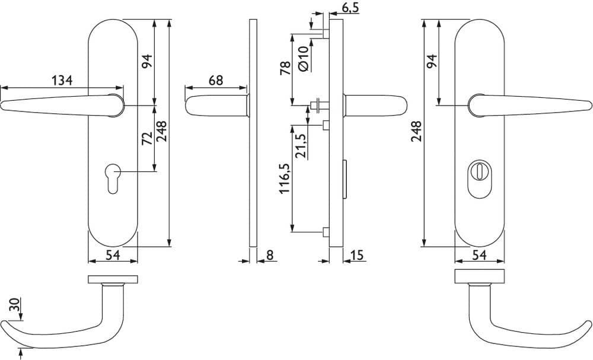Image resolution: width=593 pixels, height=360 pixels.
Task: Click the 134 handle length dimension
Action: coord(62,80)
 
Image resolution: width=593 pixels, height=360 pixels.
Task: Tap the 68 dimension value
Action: coord(216,80)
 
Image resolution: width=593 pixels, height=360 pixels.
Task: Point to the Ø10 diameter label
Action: coord(304,59)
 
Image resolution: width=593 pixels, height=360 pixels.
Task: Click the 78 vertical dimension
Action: coord(286,68)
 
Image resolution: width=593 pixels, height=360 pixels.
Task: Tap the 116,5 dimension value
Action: coord(285,179)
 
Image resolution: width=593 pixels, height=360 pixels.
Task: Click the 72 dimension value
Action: coord(147,138)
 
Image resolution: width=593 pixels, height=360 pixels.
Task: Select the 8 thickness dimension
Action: coord(270,255)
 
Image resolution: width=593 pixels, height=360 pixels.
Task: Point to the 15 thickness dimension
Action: coord(356,255)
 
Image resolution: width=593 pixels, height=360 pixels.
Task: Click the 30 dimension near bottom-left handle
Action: coord(14,305)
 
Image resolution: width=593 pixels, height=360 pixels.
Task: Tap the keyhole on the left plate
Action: coord(113,178)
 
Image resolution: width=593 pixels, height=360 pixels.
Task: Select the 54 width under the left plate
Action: coord(113,255)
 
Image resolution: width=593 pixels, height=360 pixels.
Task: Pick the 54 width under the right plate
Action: coord(480,255)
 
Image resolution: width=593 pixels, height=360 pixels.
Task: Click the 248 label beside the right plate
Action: coord(416,131)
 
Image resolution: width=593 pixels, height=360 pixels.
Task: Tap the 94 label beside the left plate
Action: coord(147,61)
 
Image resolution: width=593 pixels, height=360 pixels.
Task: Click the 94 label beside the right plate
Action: coord(432,61)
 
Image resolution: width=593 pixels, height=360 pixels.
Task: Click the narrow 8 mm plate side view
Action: coord(253,133)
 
